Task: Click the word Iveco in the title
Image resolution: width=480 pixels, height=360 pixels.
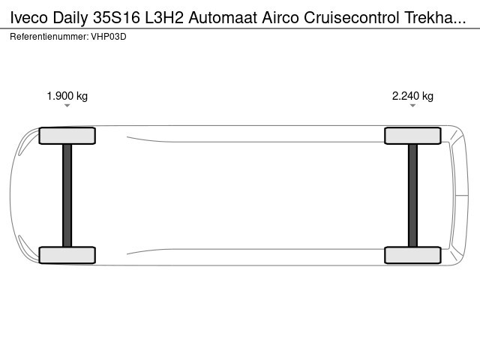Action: coord(29,18)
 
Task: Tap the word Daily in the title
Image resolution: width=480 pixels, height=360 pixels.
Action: coord(70,18)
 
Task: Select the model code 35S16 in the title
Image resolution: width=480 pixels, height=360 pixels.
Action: coord(117,18)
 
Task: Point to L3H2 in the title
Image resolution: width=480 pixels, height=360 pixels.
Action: coord(164,18)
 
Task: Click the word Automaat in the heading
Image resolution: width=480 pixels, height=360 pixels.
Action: coord(223,18)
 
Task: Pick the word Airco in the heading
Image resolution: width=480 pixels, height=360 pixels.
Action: coord(280,18)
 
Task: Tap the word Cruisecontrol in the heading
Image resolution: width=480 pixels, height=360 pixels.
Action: coord(352,18)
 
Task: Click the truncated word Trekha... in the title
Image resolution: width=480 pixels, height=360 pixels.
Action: coord(435,18)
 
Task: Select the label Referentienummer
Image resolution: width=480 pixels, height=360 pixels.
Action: coord(49,37)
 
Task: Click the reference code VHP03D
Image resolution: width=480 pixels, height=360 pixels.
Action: coord(109,37)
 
